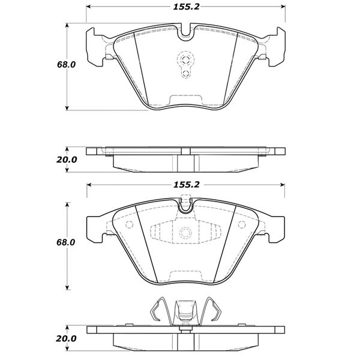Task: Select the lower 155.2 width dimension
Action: click(x=185, y=185)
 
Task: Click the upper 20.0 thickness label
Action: click(x=67, y=160)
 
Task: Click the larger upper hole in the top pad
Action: click(x=185, y=59)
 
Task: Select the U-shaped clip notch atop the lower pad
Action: click(x=185, y=208)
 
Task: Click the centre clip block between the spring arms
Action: click(x=185, y=313)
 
